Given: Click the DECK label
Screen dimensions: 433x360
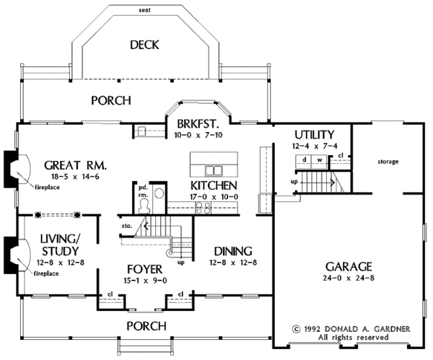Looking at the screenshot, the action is coord(144,45).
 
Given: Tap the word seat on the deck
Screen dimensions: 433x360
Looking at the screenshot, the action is coord(145,10).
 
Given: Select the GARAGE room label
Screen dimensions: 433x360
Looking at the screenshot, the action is coord(349,267).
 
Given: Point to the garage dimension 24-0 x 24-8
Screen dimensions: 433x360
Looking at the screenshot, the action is coord(349,278).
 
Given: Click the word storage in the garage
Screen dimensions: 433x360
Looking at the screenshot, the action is coord(388,162).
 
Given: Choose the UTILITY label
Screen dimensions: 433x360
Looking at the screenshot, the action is coord(315,135).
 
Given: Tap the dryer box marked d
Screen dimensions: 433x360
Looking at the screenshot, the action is coord(304,162).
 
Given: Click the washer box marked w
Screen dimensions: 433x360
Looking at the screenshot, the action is coord(319,162).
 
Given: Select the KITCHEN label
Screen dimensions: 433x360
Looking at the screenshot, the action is coord(214,185).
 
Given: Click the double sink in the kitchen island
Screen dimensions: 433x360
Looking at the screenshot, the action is coord(214,170).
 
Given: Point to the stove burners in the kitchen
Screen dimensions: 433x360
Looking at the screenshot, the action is coord(204,208).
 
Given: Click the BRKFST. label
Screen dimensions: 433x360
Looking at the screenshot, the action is coord(198,123).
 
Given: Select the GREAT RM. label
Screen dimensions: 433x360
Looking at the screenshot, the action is coord(75,165).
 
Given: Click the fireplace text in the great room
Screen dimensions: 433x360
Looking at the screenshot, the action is coord(47,188).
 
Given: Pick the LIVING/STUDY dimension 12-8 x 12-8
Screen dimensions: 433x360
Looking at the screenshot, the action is coord(61,263).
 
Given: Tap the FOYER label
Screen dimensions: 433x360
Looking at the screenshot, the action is coord(145,269).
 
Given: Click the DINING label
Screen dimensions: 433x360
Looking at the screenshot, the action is coord(233,251).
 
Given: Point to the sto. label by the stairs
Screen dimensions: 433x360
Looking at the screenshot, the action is coord(126,226).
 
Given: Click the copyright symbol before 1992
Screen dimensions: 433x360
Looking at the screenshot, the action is coord(296,329).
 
